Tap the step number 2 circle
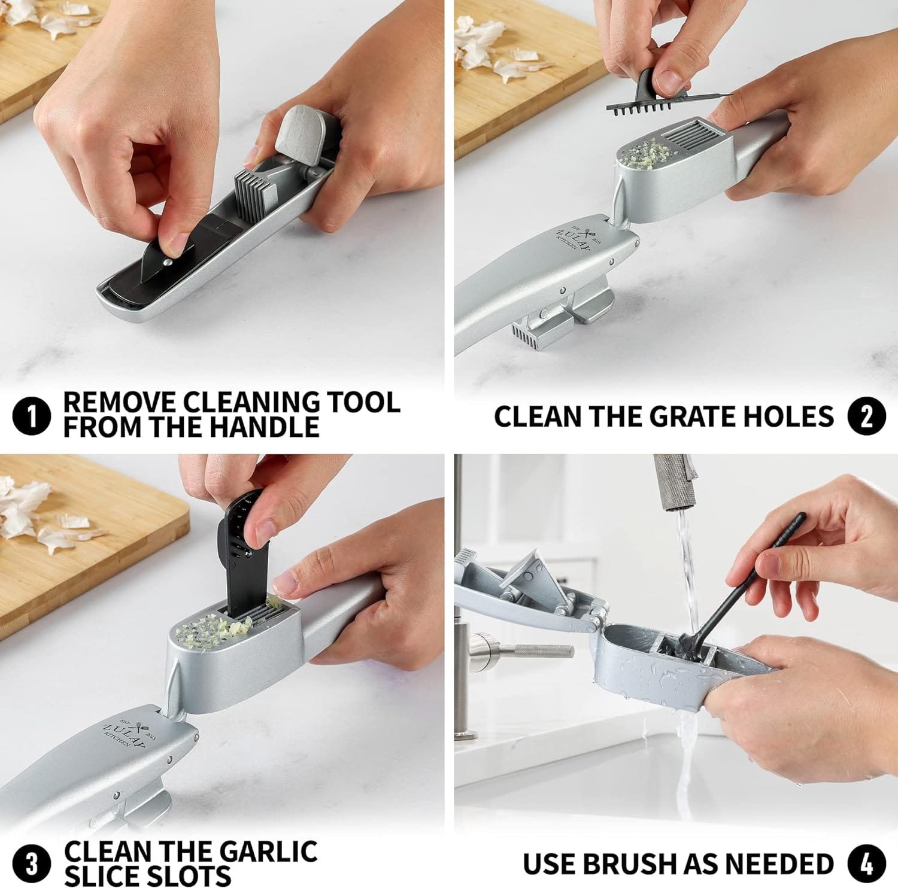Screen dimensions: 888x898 pos(866,417)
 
